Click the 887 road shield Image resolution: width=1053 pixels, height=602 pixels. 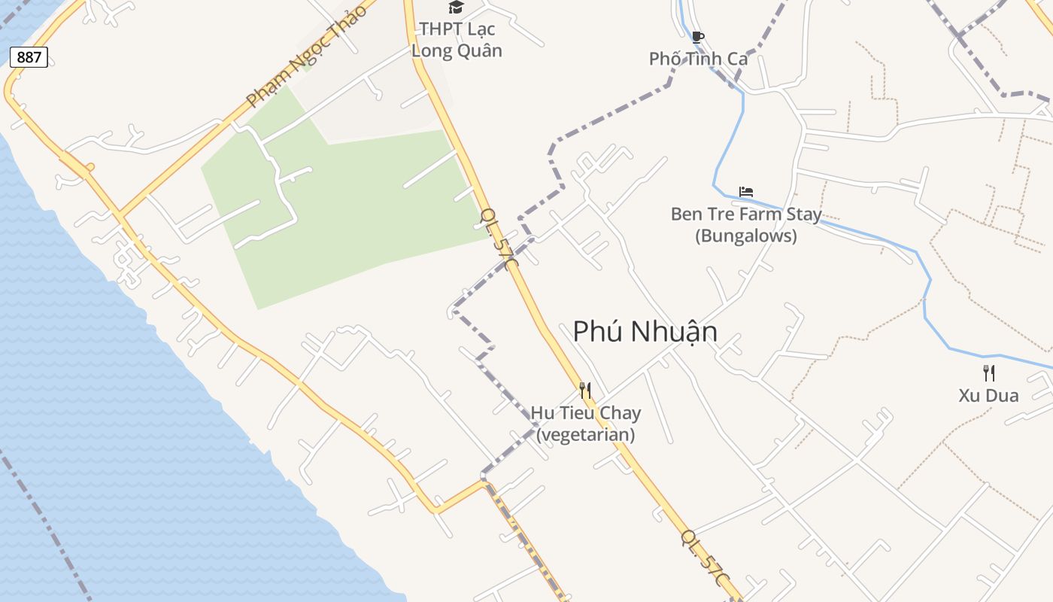[29, 57]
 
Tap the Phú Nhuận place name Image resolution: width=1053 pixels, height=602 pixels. [645, 332]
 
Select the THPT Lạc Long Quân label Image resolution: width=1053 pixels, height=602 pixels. [457, 40]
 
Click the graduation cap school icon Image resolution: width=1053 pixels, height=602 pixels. [456, 8]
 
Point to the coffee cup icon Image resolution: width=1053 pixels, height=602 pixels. [697, 37]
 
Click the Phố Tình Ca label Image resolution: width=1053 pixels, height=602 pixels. [697, 59]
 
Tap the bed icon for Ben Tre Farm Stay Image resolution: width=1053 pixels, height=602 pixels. [745, 192]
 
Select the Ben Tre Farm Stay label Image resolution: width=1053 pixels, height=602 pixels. [745, 214]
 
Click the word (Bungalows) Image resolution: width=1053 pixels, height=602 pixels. [745, 236]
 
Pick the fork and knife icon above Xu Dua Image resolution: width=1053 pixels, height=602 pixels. [988, 372]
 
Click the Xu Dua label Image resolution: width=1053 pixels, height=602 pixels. [988, 396]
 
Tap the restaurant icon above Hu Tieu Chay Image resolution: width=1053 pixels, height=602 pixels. [585, 390]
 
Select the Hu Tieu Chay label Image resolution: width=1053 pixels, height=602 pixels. [585, 412]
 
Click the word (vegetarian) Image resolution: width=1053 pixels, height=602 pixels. [585, 435]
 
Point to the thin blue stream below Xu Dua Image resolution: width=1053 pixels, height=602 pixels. [1000, 356]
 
